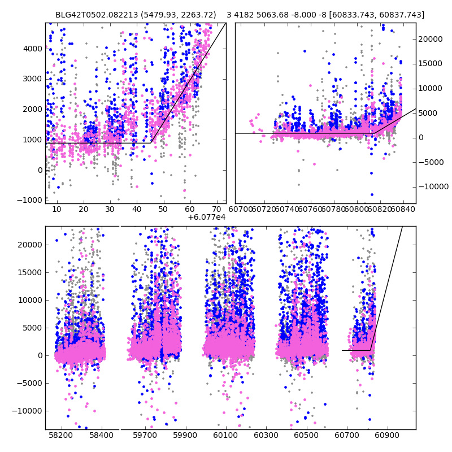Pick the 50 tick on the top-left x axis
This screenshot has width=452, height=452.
pos(163,210)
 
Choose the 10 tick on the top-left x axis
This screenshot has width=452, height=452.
pos(56,210)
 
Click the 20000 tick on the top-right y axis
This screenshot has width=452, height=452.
pos(431,39)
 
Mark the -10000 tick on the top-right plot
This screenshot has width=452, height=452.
pos(433,186)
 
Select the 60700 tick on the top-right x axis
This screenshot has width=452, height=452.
pos(241,210)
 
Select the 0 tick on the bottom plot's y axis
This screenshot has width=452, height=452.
pos(40,355)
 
